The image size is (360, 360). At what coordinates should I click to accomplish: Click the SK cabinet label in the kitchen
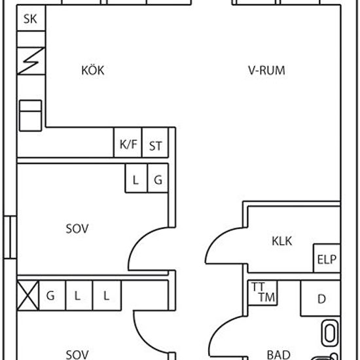tap(30, 19)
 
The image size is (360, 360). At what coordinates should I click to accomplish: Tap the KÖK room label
tap(93, 70)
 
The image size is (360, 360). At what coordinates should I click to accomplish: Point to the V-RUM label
tap(266, 70)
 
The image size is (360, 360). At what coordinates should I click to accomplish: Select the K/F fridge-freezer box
tap(128, 142)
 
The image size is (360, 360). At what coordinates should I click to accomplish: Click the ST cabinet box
tap(155, 142)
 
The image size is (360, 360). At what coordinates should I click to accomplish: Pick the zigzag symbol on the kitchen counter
tap(31, 61)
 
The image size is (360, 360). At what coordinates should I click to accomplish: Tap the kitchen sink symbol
tap(31, 115)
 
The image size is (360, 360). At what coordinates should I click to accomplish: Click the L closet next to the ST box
tap(136, 178)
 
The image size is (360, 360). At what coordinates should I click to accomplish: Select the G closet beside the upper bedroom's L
tap(158, 178)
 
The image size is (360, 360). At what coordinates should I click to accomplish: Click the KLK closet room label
tap(281, 241)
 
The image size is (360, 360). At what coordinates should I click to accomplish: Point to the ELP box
tap(327, 259)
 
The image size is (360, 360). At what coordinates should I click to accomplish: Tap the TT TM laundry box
tap(262, 293)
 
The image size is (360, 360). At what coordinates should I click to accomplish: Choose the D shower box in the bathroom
tap(321, 298)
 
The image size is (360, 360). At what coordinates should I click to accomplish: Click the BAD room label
tap(279, 355)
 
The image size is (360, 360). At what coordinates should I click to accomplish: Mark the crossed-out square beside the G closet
tap(28, 295)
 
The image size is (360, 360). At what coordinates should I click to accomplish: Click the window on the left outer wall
tap(10, 237)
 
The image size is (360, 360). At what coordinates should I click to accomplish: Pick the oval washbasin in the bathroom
tap(330, 333)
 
